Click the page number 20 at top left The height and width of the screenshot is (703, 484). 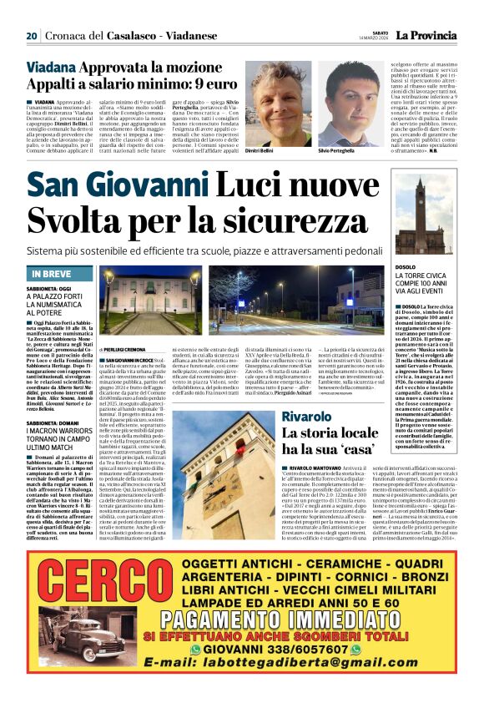click(32, 35)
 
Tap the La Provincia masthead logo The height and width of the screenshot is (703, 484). click(426, 35)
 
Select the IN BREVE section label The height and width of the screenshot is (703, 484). click(53, 274)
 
